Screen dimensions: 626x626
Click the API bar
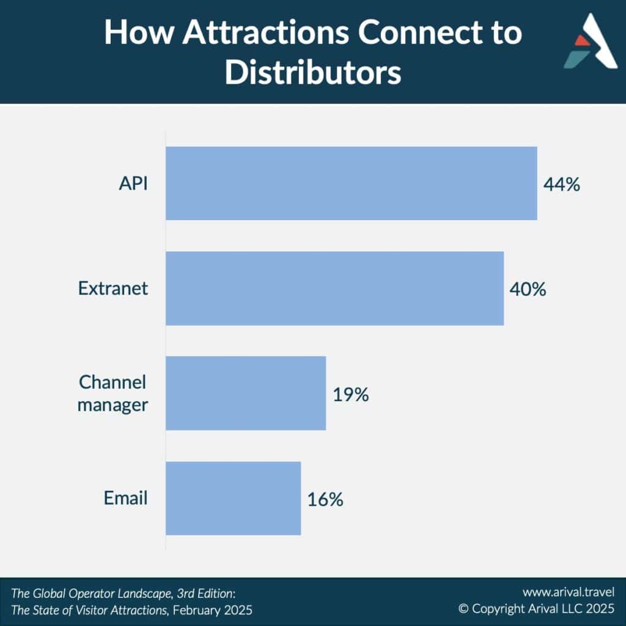point(352,183)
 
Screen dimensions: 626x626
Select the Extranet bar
point(334,289)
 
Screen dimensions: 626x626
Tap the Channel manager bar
point(246,393)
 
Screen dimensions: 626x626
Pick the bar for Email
point(233,498)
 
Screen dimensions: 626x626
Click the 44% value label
point(562,185)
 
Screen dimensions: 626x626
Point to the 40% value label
point(528,289)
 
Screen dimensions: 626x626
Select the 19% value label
point(350,394)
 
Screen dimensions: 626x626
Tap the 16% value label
point(325,499)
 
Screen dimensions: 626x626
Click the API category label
point(133,183)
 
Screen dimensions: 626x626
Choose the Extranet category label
point(113,289)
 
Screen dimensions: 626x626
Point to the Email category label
point(126,498)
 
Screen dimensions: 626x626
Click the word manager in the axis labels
point(112,405)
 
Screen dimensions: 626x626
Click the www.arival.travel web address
point(569,592)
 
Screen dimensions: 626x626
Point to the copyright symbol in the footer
point(463,609)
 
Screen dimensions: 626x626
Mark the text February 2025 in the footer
point(212,610)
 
